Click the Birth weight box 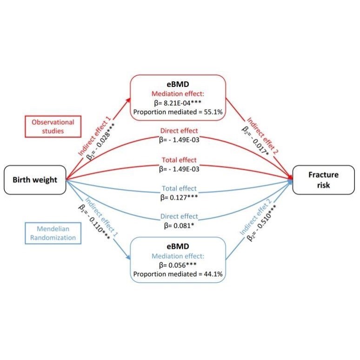(x=35, y=180)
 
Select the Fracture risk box (x=323, y=180)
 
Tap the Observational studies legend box (x=53, y=127)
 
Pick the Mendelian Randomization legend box (x=53, y=233)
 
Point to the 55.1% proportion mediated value (x=213, y=112)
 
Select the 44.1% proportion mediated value (x=213, y=274)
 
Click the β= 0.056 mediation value (x=178, y=265)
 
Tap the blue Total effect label (x=180, y=188)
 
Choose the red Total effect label (x=180, y=160)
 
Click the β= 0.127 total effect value (x=179, y=198)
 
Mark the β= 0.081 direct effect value (x=179, y=226)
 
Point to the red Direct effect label (x=179, y=131)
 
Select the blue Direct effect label (x=179, y=216)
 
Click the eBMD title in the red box (x=178, y=84)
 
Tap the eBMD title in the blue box (x=178, y=247)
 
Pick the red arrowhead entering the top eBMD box (x=128, y=100)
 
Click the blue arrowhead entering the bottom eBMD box (x=128, y=257)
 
